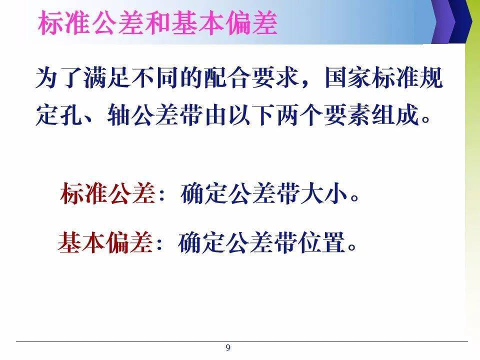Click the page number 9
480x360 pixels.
point(228,347)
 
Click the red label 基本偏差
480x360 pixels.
point(105,242)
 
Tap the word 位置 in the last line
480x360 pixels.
point(321,242)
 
